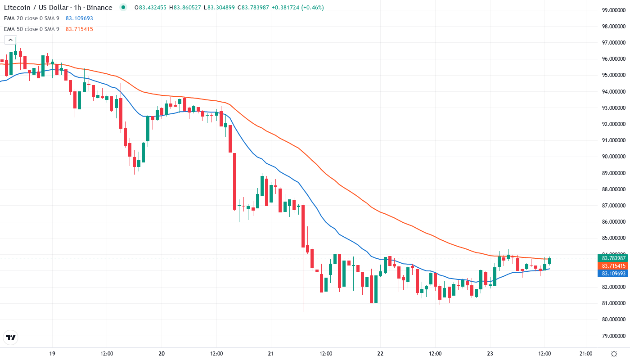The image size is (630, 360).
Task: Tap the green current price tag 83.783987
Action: tap(612, 258)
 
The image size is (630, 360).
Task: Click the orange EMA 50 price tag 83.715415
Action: tap(612, 265)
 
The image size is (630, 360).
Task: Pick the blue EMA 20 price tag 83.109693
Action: tap(612, 273)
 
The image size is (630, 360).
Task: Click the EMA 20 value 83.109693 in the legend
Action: tap(79, 18)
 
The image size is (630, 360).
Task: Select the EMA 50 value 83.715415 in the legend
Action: tap(79, 29)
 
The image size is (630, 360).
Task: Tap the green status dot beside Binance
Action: tap(123, 8)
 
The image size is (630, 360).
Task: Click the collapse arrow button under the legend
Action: tap(10, 40)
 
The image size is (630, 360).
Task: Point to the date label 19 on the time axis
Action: tap(52, 353)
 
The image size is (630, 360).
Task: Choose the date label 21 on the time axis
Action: tap(271, 353)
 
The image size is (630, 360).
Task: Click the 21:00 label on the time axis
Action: tap(585, 353)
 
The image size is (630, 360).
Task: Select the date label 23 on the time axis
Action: tap(490, 353)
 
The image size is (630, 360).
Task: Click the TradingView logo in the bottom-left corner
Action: tap(11, 337)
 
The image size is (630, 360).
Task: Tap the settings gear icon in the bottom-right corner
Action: tap(614, 353)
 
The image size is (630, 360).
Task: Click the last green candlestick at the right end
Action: tap(549, 261)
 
